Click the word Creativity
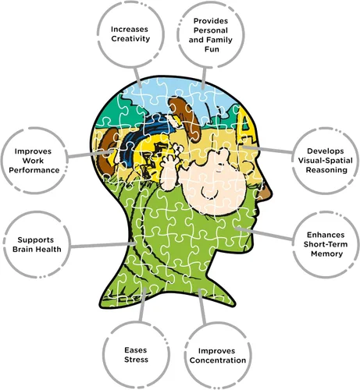pyautogui.click(x=130, y=39)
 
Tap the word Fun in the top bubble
pyautogui.click(x=212, y=49)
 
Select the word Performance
pyautogui.click(x=34, y=170)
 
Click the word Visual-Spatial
pyautogui.click(x=326, y=161)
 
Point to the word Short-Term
pyautogui.click(x=326, y=244)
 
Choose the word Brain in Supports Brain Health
pyautogui.click(x=23, y=250)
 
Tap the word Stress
pyautogui.click(x=136, y=360)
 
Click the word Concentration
pyautogui.click(x=218, y=360)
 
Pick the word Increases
pyautogui.click(x=130, y=30)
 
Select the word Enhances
pyautogui.click(x=326, y=235)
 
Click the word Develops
pyautogui.click(x=326, y=151)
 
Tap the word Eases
pyautogui.click(x=136, y=350)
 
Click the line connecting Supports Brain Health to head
pyautogui.click(x=103, y=245)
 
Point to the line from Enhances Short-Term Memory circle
pyautogui.click(x=264, y=234)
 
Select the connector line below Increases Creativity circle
pyautogui.click(x=137, y=77)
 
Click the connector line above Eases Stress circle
pyautogui.click(x=143, y=305)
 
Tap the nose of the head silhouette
pyautogui.click(x=268, y=192)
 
